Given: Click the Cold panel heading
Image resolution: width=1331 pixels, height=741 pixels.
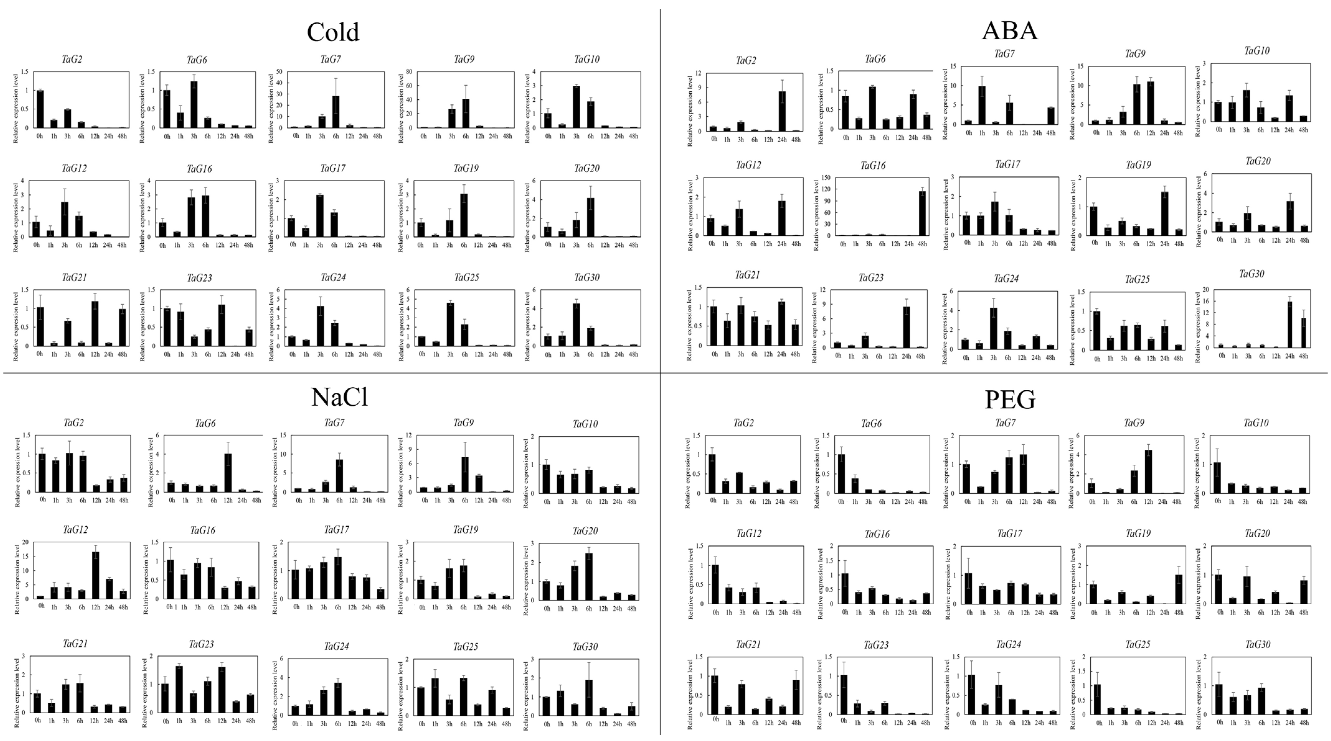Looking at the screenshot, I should (x=333, y=32).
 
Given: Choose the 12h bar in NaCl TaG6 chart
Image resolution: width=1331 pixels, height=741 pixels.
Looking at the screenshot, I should (x=228, y=473).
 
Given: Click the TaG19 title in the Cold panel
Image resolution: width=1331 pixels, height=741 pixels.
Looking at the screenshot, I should (x=466, y=169).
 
